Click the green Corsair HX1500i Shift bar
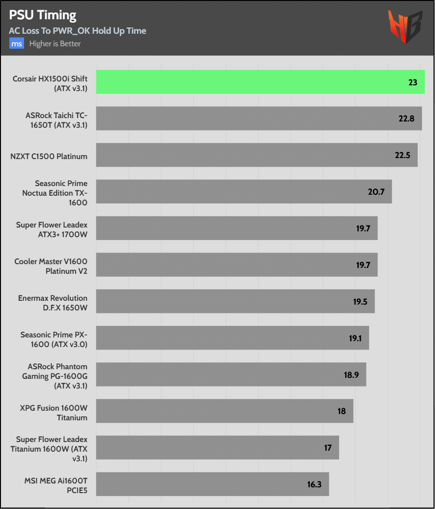260,82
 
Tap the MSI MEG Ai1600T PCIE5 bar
212,484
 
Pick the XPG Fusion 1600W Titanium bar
225,411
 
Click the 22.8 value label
407,119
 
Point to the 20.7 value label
376,192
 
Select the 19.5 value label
360,302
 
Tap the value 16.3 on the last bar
314,484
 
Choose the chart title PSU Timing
42,15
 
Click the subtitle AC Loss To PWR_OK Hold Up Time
78,31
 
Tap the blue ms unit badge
17,44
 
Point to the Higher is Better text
55,44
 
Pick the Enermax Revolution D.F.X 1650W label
53,303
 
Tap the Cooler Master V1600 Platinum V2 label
51,266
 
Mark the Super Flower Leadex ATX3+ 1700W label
52,229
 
